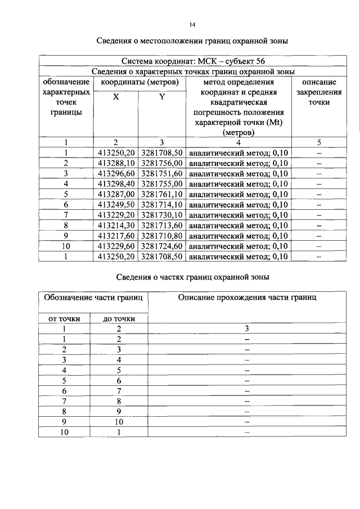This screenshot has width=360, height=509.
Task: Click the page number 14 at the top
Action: click(192, 24)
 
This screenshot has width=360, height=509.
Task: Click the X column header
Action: click(116, 97)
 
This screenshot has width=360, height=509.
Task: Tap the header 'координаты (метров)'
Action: click(139, 82)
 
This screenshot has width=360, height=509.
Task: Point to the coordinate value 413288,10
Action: click(116, 163)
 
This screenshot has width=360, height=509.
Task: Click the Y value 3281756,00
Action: click(162, 163)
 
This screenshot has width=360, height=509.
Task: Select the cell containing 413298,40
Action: click(116, 183)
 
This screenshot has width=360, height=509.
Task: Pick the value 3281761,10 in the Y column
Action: click(162, 194)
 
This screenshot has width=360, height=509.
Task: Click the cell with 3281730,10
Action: click(162, 215)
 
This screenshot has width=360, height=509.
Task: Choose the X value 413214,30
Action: click(116, 225)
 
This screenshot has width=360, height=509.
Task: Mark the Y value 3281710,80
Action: click(162, 236)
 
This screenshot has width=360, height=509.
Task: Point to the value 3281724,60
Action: click(162, 246)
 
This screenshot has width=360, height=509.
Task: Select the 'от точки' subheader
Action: click(65, 319)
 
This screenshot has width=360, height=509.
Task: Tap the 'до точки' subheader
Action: click(119, 319)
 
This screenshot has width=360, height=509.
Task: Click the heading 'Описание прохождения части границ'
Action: click(247, 297)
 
